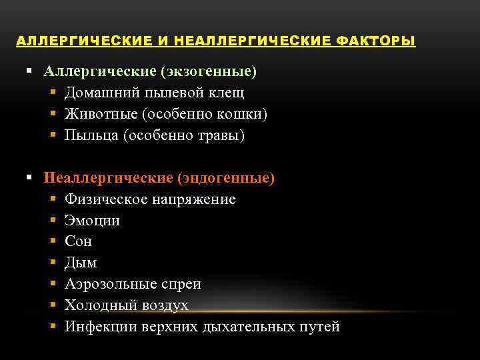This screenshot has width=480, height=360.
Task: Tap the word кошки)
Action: pos(243,114)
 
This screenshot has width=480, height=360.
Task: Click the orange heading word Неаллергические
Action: pos(108,178)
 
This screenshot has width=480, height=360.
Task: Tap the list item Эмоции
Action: pos(92,221)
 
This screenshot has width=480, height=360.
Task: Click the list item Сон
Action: pos(78,241)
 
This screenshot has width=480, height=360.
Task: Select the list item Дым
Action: pos(81,263)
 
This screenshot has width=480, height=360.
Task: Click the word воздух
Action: pos(164,305)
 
